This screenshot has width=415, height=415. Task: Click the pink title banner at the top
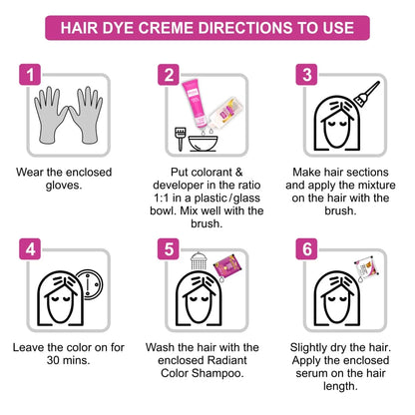pyautogui.click(x=207, y=27)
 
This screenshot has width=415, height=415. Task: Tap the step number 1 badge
pyautogui.click(x=33, y=75)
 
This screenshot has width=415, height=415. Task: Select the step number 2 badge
pyautogui.click(x=171, y=75)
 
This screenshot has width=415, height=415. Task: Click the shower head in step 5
pyautogui.click(x=185, y=262)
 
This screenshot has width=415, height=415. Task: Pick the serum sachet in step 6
pyautogui.click(x=365, y=266)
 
